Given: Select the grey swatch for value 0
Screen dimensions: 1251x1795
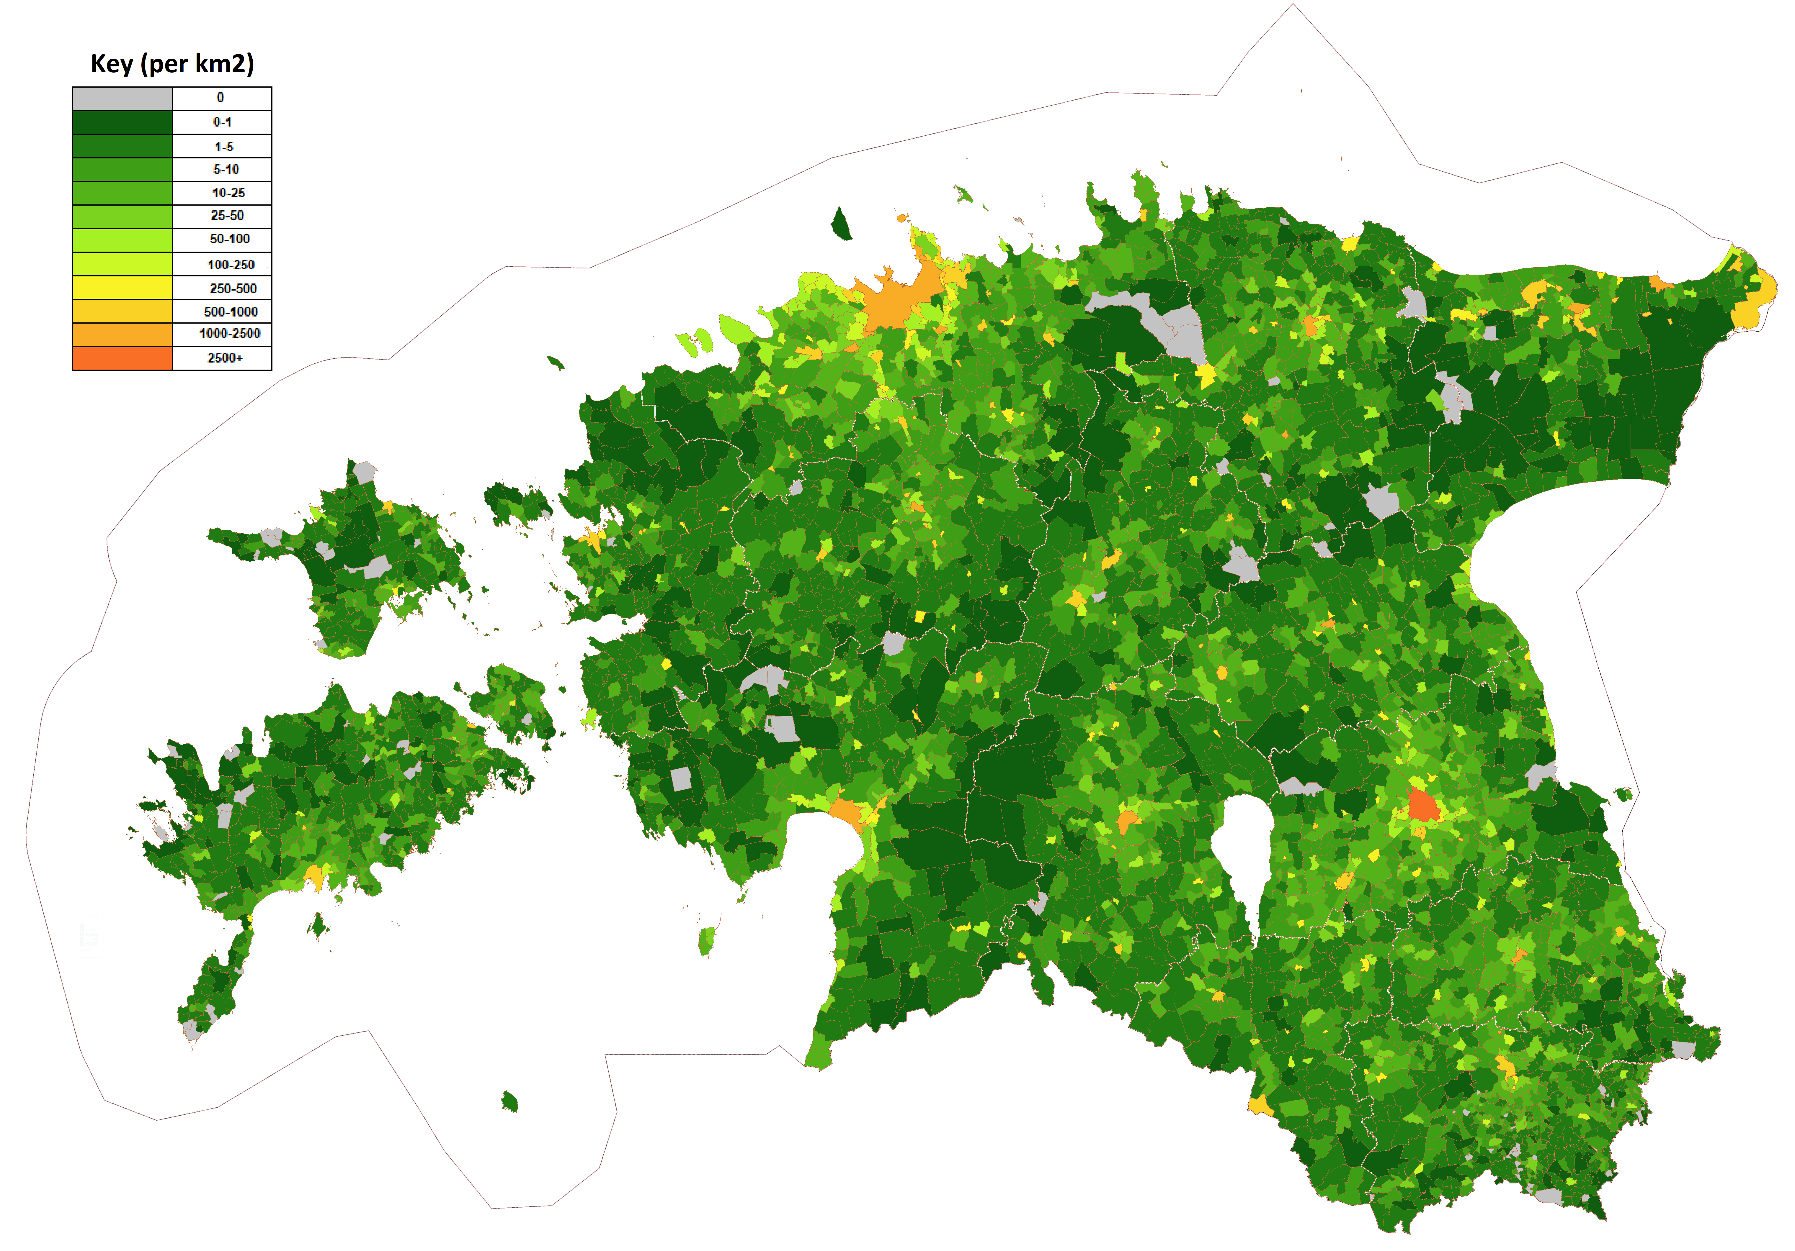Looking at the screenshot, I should click(122, 99).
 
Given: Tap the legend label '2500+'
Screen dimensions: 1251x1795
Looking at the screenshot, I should click(225, 358).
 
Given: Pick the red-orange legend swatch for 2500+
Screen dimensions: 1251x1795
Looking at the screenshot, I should click(122, 358).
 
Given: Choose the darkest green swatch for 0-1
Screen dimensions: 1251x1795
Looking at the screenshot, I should click(122, 122).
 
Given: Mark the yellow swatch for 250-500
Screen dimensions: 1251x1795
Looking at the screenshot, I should click(122, 288).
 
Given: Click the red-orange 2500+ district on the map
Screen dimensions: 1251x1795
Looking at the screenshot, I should click(1423, 805).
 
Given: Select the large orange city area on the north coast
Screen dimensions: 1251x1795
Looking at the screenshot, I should click(899, 297).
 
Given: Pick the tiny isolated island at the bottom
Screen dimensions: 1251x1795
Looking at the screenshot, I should click(510, 1102).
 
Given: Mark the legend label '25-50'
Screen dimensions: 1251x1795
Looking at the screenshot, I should click(228, 216).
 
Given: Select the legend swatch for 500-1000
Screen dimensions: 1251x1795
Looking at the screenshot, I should click(122, 311).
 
